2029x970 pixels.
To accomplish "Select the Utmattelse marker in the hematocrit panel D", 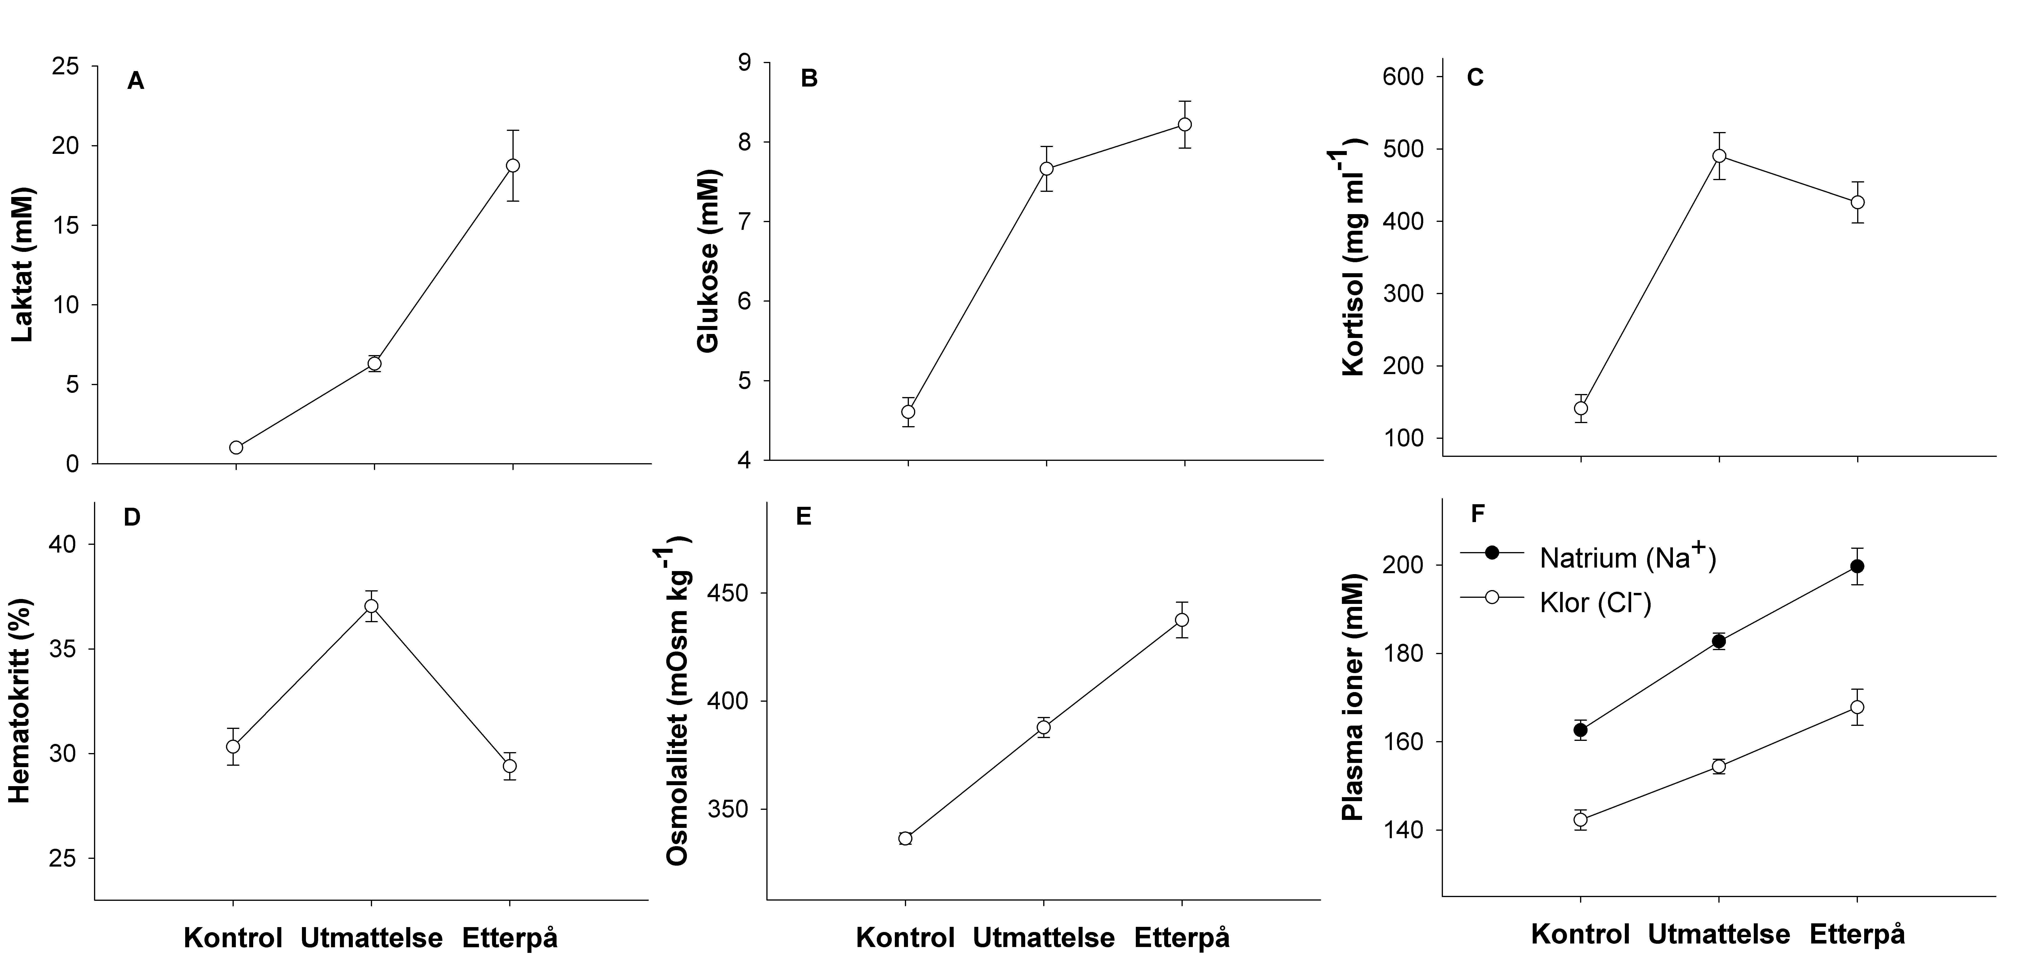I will (x=371, y=606).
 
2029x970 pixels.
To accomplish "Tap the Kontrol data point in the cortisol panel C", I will (x=1581, y=408).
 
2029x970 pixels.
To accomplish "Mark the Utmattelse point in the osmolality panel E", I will (x=1044, y=727).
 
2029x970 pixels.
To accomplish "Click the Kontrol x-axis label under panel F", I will (x=1580, y=935).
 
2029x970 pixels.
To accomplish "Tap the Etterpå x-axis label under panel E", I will (x=1182, y=939).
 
